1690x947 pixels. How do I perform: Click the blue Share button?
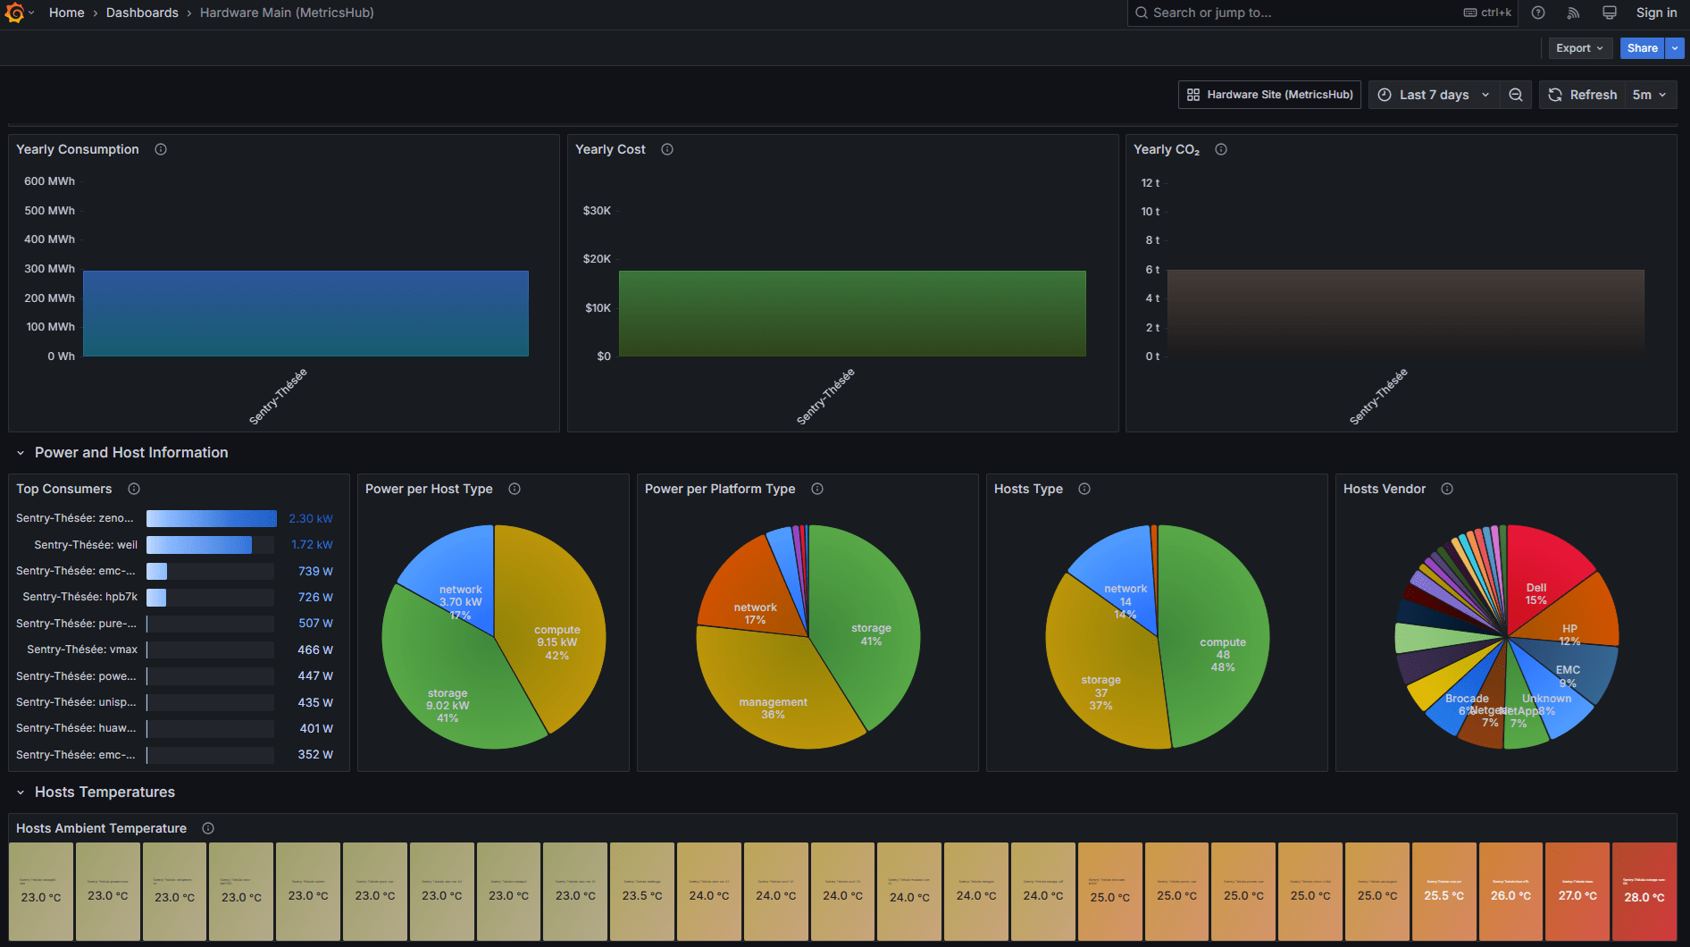(x=1642, y=48)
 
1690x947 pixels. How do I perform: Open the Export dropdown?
(x=1578, y=48)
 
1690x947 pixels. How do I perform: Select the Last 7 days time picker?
(x=1435, y=95)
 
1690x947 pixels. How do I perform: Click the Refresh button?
(x=1583, y=95)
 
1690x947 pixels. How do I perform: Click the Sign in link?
(x=1655, y=13)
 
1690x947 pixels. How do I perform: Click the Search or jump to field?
(x=1295, y=13)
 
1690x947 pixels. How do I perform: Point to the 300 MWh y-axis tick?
(x=49, y=269)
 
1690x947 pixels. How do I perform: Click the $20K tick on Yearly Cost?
(x=597, y=259)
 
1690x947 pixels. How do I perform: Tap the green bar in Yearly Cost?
(x=851, y=313)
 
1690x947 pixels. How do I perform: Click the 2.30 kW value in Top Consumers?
(x=310, y=519)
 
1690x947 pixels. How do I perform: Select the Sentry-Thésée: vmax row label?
(x=82, y=649)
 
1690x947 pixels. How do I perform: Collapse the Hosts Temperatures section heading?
(x=105, y=792)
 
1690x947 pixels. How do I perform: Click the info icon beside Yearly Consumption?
(x=161, y=149)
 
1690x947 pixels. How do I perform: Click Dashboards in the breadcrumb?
(x=142, y=13)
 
